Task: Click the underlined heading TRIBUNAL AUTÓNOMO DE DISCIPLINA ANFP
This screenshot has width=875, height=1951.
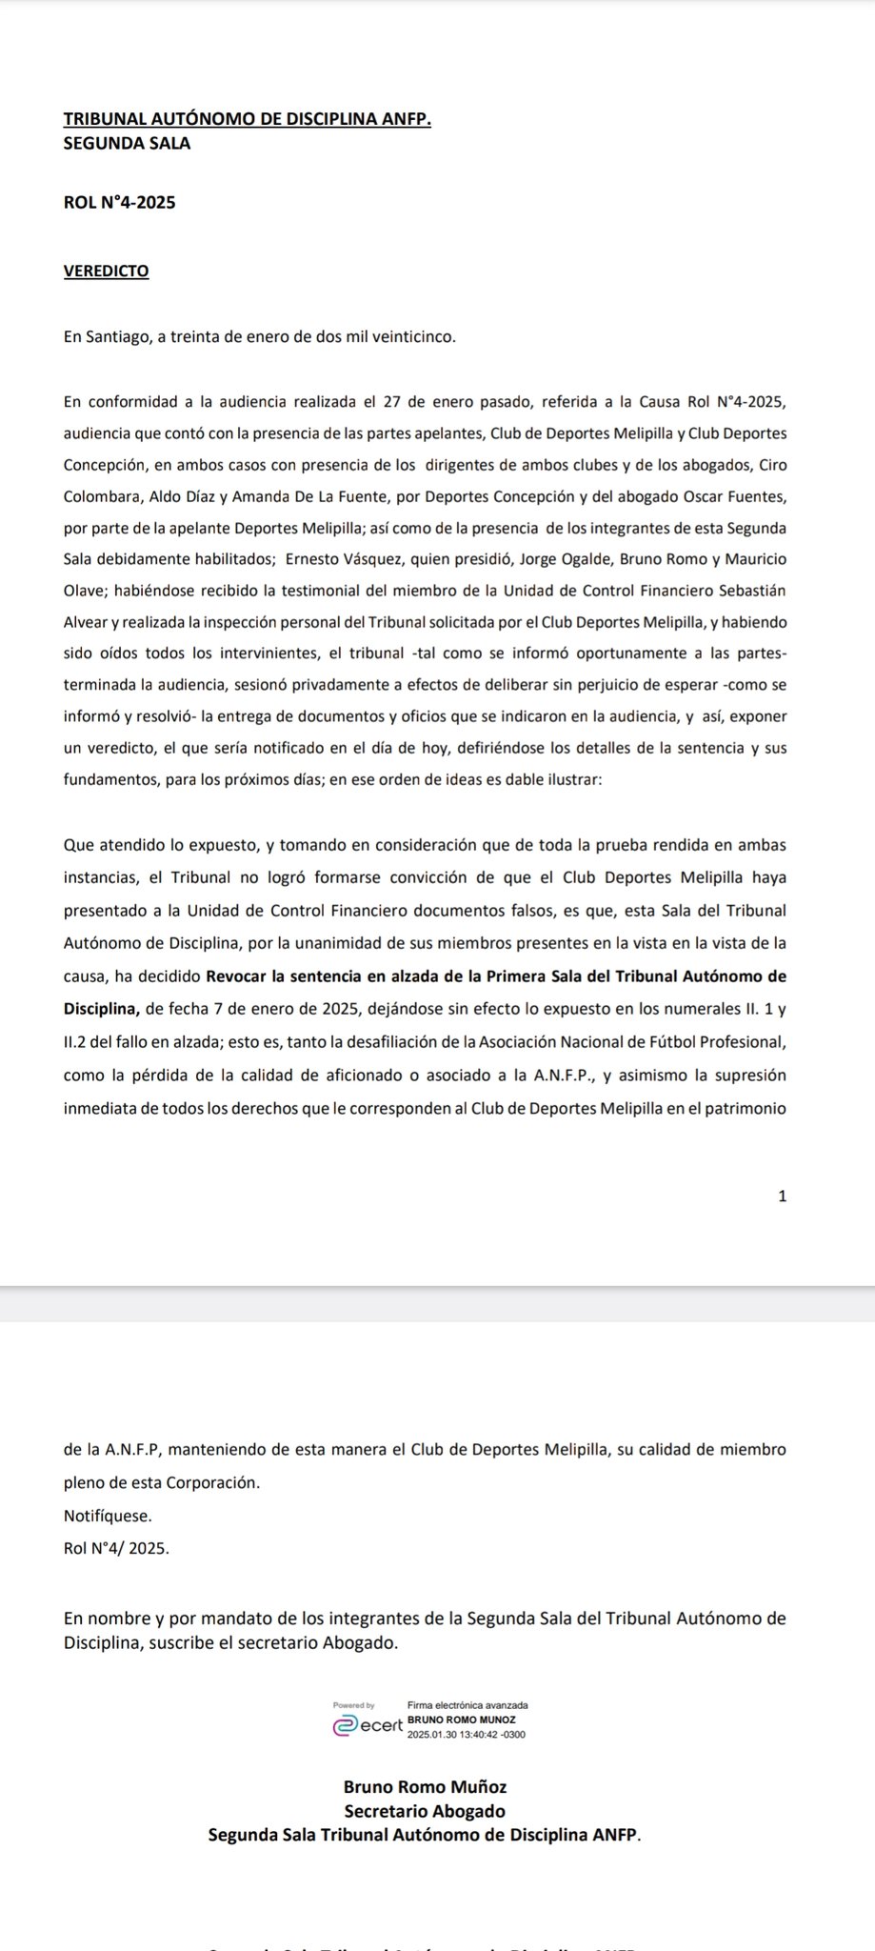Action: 247,120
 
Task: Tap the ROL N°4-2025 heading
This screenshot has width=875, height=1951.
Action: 119,202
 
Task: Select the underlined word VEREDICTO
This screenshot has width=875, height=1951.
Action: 106,271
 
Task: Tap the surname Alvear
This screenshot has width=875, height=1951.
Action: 89,622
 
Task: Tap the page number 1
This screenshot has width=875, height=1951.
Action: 783,1197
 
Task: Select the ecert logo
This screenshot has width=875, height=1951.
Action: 368,1726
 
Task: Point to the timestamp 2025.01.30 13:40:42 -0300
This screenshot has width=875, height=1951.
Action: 467,1735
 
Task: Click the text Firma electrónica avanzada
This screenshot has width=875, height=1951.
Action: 467,1705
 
